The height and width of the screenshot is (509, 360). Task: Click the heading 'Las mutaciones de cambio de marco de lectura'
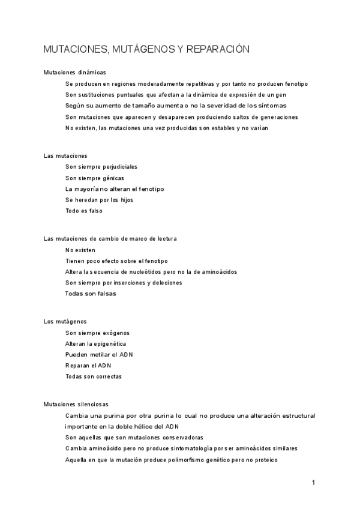[110, 238]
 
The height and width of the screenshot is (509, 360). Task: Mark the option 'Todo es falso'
[84, 211]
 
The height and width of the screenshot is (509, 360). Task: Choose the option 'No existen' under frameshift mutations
[80, 250]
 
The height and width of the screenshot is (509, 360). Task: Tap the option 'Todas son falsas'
[91, 294]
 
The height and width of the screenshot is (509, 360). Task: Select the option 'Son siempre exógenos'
[97, 333]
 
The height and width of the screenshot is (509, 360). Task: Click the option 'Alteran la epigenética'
[95, 343]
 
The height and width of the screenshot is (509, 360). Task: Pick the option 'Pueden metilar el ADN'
[99, 354]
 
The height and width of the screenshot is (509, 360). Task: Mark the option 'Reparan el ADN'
[89, 366]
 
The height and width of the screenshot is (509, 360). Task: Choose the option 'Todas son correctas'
[94, 376]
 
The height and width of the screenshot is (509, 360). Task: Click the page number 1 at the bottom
[313, 482]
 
